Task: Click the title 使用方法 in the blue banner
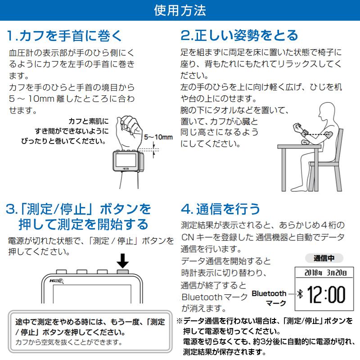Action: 180,9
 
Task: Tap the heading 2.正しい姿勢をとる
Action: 239,35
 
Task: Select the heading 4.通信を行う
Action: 220,208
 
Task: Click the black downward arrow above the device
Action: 122,261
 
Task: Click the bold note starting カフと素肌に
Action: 86,131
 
